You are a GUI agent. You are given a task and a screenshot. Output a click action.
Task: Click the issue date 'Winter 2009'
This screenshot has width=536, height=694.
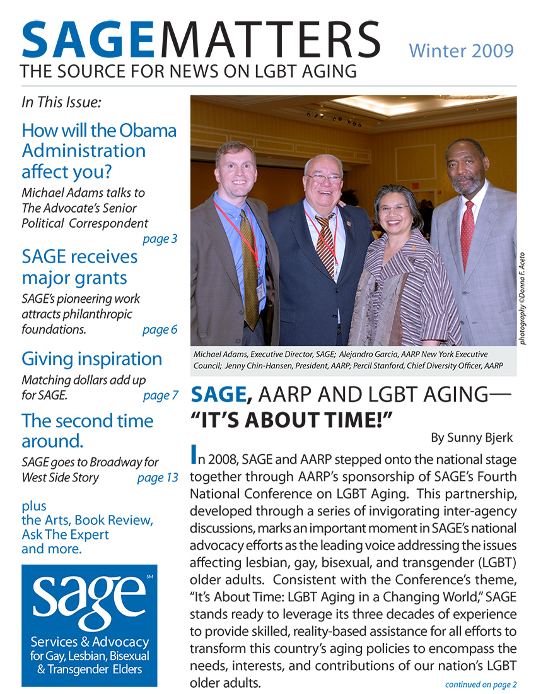click(x=461, y=50)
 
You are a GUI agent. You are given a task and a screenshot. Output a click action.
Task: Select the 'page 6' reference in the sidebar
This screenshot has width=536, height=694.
click(x=160, y=329)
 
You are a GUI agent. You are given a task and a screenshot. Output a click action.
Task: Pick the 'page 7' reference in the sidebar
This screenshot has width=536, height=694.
click(x=160, y=396)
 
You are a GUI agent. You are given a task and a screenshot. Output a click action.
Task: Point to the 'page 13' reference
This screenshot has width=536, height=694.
click(x=158, y=478)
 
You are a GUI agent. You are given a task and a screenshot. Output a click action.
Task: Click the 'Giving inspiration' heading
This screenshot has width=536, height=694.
click(x=91, y=359)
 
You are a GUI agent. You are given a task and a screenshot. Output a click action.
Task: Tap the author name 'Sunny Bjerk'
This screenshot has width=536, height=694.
click(x=474, y=437)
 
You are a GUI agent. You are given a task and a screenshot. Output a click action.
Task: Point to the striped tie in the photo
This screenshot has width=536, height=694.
click(x=325, y=243)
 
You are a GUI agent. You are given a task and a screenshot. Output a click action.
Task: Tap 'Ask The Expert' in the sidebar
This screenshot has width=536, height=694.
click(x=65, y=534)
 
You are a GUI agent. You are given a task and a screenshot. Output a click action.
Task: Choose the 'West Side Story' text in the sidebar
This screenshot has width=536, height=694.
click(x=60, y=478)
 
